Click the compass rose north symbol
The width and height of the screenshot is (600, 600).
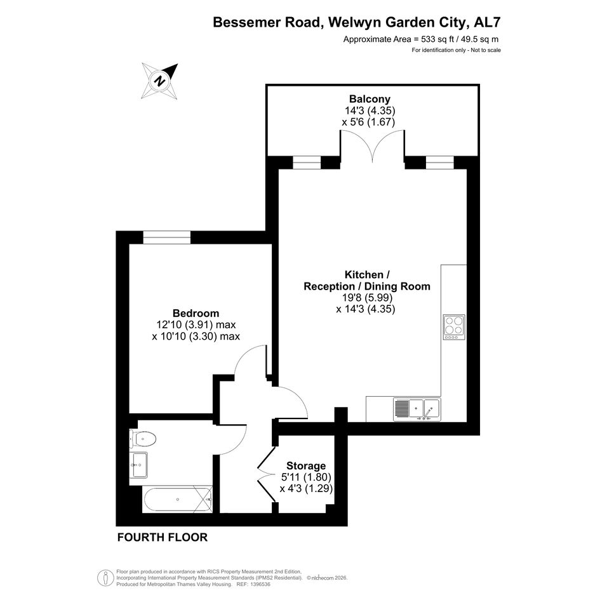(x=159, y=81)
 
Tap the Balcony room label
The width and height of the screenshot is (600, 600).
(x=370, y=99)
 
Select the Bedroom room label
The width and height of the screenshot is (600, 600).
(x=196, y=313)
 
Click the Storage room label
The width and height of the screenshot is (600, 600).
(x=306, y=465)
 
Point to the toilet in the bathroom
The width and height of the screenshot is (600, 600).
(x=143, y=439)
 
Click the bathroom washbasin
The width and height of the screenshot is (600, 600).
(x=138, y=465)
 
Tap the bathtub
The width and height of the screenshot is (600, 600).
(x=178, y=499)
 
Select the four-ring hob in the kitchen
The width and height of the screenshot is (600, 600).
(x=454, y=327)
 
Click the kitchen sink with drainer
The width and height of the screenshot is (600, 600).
(x=417, y=410)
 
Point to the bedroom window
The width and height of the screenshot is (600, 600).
(x=167, y=237)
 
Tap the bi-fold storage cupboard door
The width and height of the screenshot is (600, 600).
(x=266, y=475)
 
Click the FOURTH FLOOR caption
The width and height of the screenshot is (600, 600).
(x=163, y=537)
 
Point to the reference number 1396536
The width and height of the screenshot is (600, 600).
(x=260, y=584)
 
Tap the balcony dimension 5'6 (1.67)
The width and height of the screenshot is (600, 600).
(x=368, y=122)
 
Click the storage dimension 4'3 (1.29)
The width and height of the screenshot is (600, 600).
(x=306, y=489)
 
